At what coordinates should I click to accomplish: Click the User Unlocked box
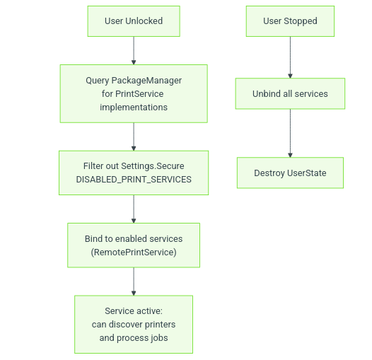[x=134, y=21]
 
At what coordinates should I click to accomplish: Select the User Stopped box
[x=290, y=21]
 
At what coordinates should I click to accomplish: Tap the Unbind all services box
[x=290, y=94]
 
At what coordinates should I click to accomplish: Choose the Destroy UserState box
[x=290, y=173]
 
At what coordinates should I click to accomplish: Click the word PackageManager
[x=146, y=81]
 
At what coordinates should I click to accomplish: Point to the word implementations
[x=134, y=108]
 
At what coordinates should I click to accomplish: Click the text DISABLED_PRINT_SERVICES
[x=134, y=180]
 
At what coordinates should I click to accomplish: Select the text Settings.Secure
[x=153, y=166]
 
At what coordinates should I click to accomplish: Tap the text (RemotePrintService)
[x=134, y=252]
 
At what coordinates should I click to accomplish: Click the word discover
[x=125, y=325]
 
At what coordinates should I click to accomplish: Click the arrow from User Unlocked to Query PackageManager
[x=134, y=50]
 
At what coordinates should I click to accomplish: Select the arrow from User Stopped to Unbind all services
[x=290, y=57]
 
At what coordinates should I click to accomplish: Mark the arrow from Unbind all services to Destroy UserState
[x=290, y=133]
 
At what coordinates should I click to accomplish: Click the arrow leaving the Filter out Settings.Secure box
[x=134, y=209]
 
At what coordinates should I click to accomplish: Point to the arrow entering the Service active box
[x=134, y=281]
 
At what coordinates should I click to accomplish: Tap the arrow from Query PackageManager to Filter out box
[x=134, y=137]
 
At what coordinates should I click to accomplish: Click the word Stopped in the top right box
[x=301, y=21]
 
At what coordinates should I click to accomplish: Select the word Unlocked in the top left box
[x=144, y=21]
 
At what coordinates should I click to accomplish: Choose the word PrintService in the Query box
[x=139, y=94]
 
